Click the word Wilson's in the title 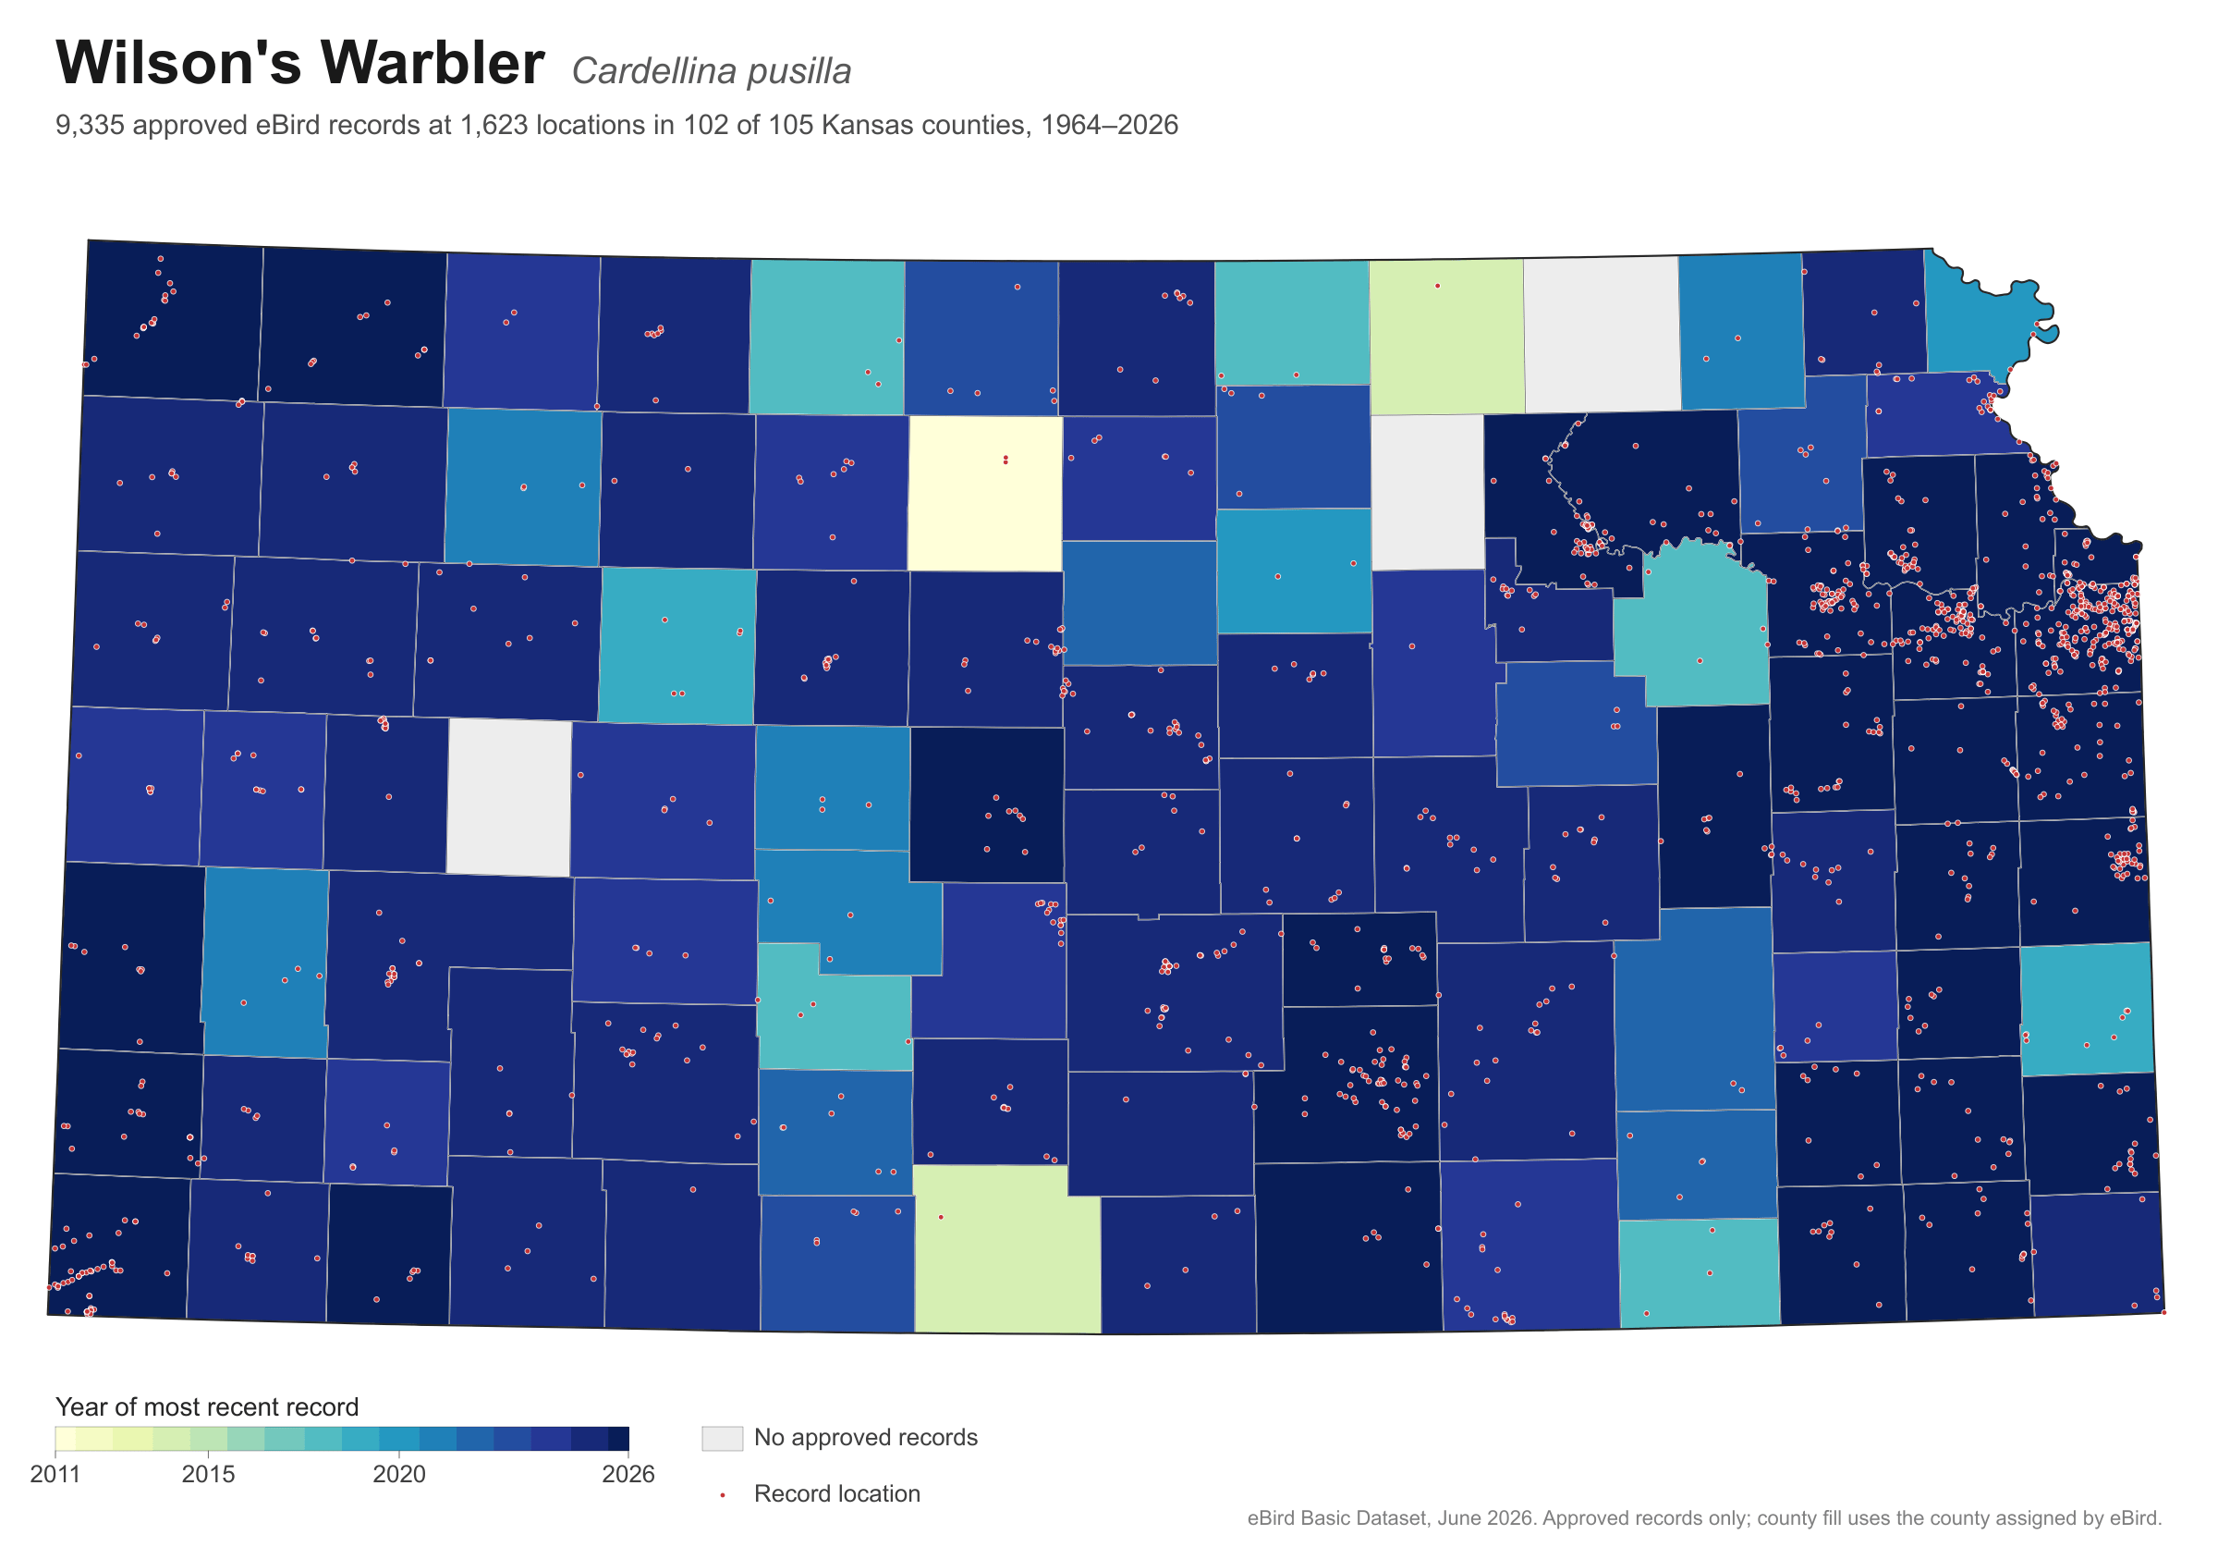(176, 63)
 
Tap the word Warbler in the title (433, 63)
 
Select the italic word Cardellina (655, 71)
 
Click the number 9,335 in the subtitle (90, 126)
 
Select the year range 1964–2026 (1109, 125)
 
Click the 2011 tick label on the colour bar (55, 1475)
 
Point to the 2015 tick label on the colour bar (209, 1475)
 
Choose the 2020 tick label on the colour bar (399, 1475)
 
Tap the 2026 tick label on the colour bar (628, 1475)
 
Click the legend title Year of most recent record (207, 1406)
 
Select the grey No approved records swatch (723, 1438)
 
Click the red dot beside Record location (723, 1495)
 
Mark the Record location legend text (836, 1494)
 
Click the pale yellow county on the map (985, 494)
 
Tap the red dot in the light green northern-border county (1437, 286)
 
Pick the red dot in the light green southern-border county (941, 1217)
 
